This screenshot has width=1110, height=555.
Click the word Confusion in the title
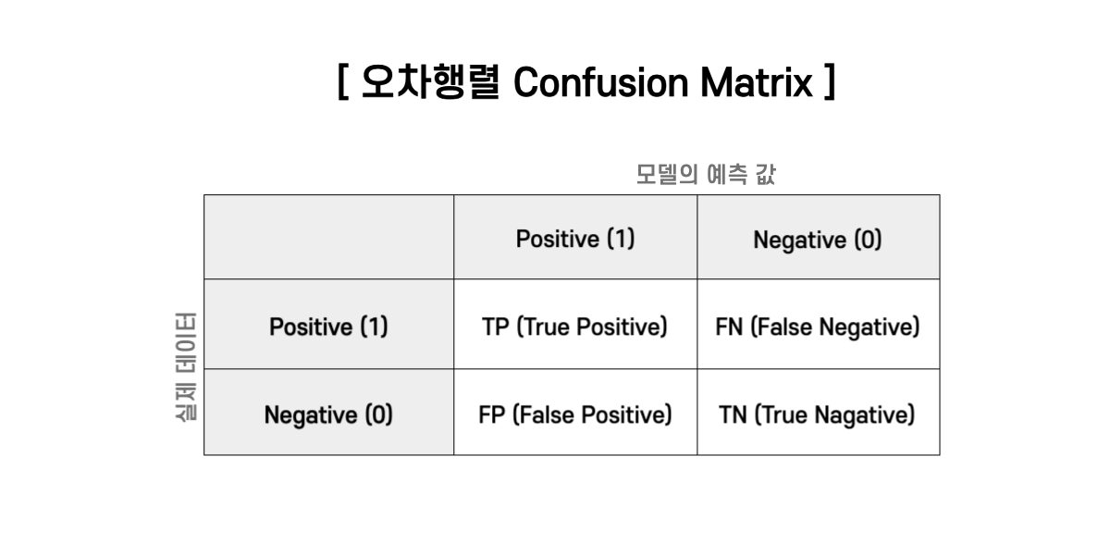(x=600, y=82)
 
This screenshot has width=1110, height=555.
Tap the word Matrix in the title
(x=757, y=82)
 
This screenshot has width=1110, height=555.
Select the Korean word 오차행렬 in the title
(x=431, y=82)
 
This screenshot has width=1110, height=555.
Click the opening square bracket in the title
(x=343, y=82)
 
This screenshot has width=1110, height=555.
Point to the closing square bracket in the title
(x=830, y=82)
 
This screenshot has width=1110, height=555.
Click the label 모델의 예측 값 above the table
(x=706, y=175)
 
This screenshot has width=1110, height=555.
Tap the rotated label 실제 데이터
(x=186, y=366)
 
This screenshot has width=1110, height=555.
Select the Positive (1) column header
(x=575, y=239)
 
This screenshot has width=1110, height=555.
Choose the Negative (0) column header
(x=818, y=240)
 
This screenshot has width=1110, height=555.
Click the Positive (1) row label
(x=328, y=327)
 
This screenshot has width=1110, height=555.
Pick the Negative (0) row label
(x=328, y=415)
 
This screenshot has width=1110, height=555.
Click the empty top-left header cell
(x=329, y=237)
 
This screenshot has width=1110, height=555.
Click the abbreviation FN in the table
(x=729, y=327)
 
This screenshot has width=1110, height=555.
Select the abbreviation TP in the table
(x=496, y=327)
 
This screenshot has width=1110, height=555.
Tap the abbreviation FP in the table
(x=491, y=415)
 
